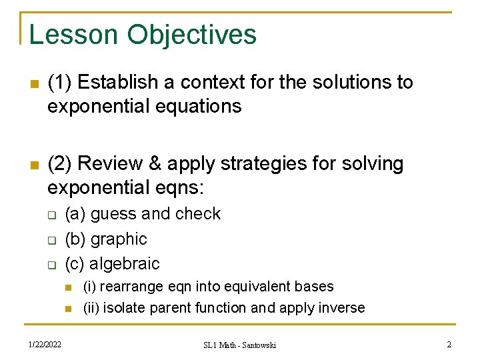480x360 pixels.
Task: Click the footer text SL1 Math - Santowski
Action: pyautogui.click(x=239, y=345)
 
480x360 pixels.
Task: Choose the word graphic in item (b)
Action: pyautogui.click(x=119, y=239)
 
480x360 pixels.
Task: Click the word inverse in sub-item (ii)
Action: pyautogui.click(x=343, y=308)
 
